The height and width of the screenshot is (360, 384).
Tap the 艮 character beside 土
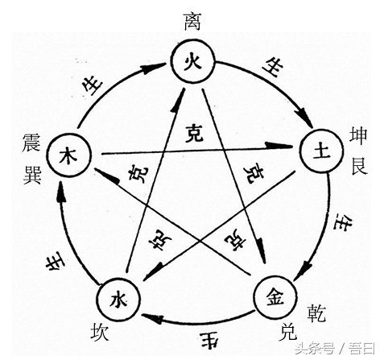[x=359, y=168]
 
